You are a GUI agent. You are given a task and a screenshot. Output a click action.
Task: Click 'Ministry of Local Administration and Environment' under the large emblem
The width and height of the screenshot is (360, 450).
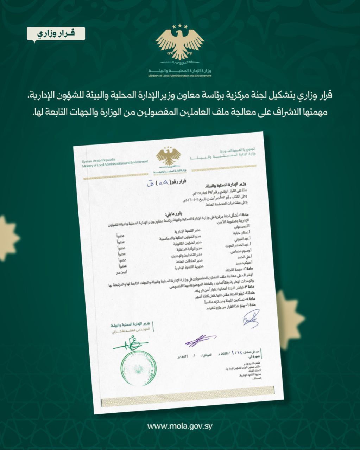(x=180, y=76)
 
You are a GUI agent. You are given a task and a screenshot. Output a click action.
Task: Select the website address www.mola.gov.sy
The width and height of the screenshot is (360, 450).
(x=180, y=426)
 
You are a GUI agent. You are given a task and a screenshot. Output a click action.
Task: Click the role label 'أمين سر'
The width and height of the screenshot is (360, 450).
(x=121, y=271)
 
